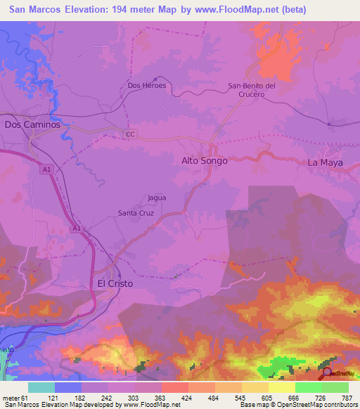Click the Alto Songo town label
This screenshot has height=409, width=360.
tap(205, 161)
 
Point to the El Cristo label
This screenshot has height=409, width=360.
tap(114, 283)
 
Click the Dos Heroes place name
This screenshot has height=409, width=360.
tap(146, 86)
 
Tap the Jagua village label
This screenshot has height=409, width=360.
tap(157, 197)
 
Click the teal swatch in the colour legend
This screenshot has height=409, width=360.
tap(41, 387)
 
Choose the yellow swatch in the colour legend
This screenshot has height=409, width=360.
tap(282, 387)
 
